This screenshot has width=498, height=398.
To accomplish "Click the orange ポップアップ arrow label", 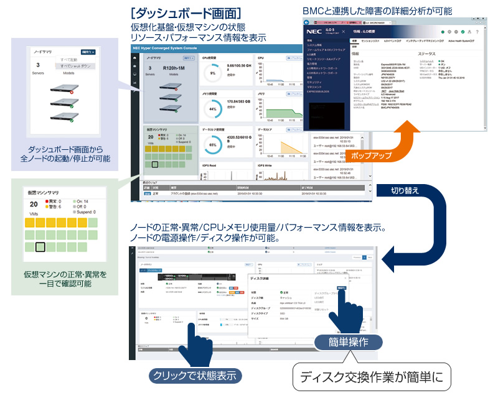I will click(371, 154).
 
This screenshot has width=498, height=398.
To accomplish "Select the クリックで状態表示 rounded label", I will click(194, 376).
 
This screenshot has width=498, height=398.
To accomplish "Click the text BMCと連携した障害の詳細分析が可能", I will click(377, 11).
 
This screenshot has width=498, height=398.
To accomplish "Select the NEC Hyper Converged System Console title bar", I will click(174, 47).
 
